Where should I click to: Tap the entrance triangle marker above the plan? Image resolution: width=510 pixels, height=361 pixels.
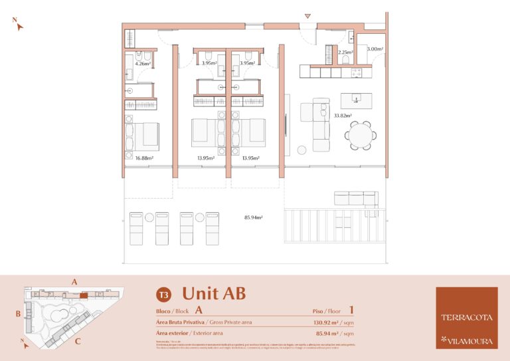307,16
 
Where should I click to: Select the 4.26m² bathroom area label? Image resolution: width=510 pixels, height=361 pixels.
143,64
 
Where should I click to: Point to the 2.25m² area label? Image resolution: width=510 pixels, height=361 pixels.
345,53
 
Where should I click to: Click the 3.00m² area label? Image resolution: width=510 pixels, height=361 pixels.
375,49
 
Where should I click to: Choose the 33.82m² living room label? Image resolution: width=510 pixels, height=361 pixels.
343,116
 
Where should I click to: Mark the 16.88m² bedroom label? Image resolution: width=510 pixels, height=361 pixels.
144,158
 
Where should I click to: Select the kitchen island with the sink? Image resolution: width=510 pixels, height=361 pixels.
357,100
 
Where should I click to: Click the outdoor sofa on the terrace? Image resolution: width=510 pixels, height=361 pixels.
356,198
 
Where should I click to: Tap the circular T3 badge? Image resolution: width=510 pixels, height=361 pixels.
163,295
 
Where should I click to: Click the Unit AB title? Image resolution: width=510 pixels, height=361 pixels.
214,293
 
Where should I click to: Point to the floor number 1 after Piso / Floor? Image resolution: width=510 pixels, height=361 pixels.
351,310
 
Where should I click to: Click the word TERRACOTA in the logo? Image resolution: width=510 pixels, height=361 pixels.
466,317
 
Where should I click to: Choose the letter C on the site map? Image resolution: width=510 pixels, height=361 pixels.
78,342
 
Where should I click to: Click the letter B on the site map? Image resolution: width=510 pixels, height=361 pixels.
19,312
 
